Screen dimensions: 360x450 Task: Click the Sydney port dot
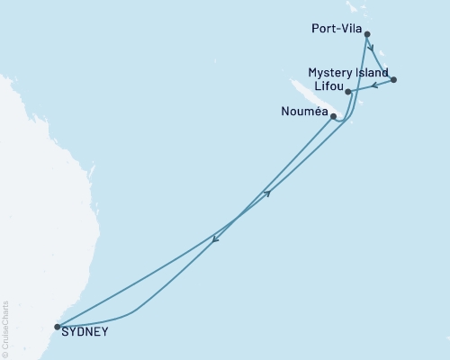58,328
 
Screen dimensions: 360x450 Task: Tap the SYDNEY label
87,331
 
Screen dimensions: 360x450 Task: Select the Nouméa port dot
334,116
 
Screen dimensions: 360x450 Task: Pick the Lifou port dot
348,92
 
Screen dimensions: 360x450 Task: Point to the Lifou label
326,85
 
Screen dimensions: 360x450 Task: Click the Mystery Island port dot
394,80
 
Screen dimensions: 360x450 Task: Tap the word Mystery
326,72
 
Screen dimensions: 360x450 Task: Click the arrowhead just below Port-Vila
370,49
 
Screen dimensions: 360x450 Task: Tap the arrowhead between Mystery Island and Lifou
374,85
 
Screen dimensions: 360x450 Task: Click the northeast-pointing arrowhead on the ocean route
267,192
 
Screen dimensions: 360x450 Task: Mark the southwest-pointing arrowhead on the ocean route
214,238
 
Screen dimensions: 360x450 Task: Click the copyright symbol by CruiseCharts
5,353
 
